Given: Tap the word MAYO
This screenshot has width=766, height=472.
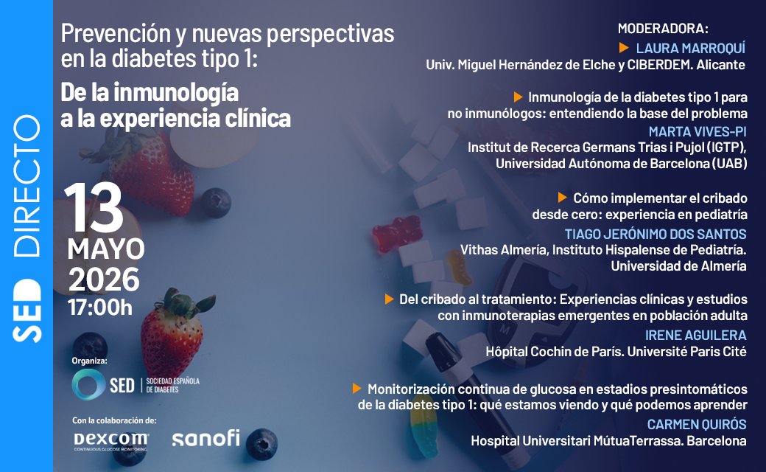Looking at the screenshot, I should pos(106,249).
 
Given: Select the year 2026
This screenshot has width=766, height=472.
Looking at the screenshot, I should pos(104,280).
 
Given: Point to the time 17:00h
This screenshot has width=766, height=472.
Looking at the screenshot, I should pos(100,307).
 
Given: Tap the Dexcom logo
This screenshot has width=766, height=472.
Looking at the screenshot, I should pos(110,440).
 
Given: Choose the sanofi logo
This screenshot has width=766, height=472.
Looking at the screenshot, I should pos(205,438).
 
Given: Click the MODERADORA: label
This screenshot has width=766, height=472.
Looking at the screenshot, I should pos(663,29).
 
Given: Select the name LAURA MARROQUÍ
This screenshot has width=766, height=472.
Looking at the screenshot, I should pos(690,48).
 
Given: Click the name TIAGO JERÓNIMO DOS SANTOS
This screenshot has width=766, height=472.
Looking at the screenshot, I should pos(676,234).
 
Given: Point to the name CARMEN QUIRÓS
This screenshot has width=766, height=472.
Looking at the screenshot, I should pos(697,424).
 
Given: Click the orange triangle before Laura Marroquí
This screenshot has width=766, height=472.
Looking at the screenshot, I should pos(624,47).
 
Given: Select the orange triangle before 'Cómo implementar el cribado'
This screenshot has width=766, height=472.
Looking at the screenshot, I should pos(563,198).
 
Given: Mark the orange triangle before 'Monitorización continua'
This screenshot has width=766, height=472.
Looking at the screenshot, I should pos(357,388).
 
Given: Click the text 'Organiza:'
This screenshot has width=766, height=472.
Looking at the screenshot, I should pos(90,361).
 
